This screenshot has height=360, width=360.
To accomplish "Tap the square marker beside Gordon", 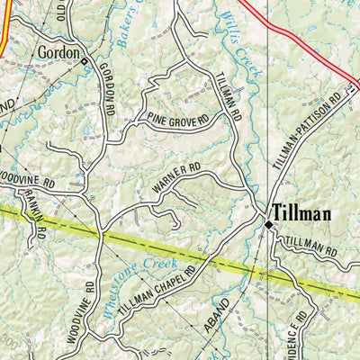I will point(84,62).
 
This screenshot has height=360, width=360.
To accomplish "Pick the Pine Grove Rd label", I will point(178,119).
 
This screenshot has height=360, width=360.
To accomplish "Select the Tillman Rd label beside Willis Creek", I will point(227,98).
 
